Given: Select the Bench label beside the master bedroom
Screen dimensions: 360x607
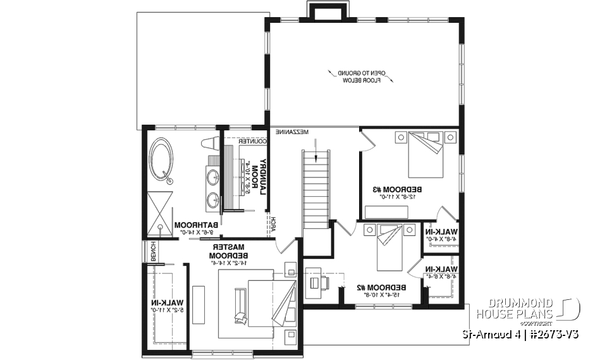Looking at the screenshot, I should pyautogui.click(x=152, y=251).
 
